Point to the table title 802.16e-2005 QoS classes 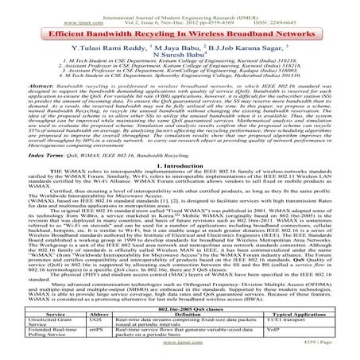(180, 306)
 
